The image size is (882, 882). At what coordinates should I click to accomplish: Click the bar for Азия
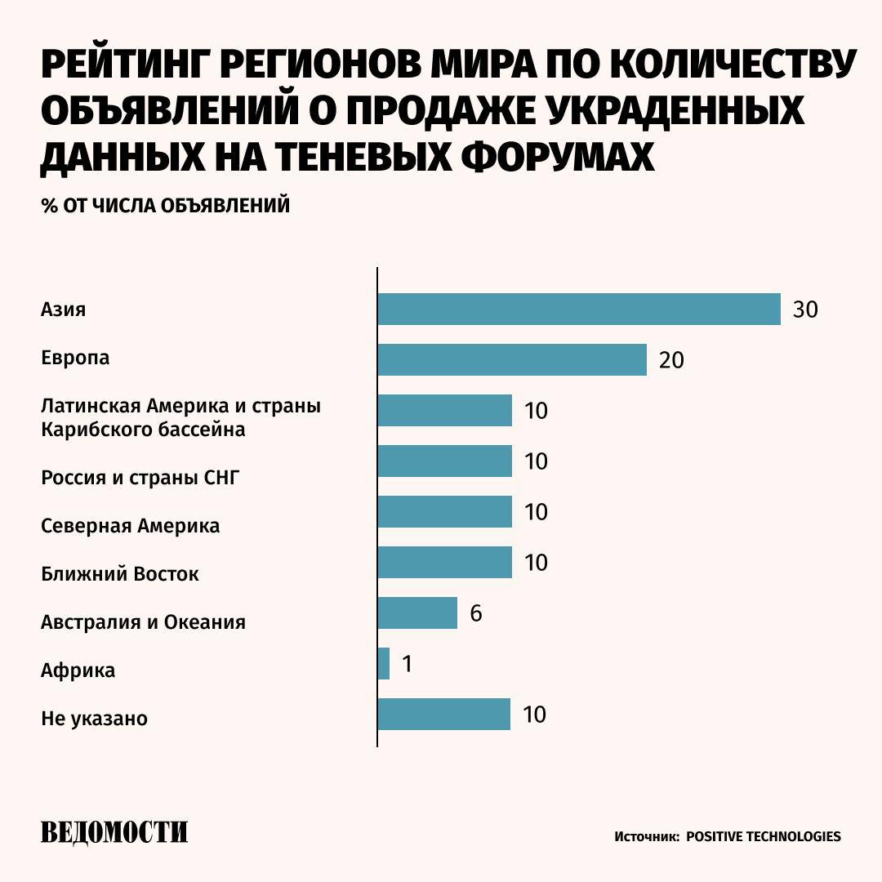(x=578, y=310)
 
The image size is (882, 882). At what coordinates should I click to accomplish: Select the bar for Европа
(x=511, y=360)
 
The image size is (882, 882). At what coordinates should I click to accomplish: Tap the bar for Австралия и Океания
(x=417, y=613)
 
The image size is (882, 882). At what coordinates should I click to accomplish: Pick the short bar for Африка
(x=384, y=664)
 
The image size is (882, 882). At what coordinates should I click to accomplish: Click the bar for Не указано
(x=443, y=715)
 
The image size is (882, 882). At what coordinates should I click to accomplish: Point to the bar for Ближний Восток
(x=444, y=563)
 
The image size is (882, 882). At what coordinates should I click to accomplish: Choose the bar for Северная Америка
(x=444, y=512)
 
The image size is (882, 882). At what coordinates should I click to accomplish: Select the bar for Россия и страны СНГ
(x=444, y=461)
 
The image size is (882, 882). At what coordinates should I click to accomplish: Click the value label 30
(x=805, y=310)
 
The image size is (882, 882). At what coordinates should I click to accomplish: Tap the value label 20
(x=671, y=361)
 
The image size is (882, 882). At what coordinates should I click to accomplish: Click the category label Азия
(x=64, y=310)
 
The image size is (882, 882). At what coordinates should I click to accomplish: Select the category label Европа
(x=75, y=359)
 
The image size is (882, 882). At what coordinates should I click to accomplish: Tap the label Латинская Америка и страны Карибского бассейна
(x=180, y=417)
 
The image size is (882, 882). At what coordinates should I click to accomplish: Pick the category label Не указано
(x=94, y=719)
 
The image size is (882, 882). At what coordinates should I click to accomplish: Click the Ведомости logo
(x=114, y=833)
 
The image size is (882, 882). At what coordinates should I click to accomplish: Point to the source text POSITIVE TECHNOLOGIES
(x=763, y=837)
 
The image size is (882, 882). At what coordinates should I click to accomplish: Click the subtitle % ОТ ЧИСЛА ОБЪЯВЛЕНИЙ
(x=166, y=206)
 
